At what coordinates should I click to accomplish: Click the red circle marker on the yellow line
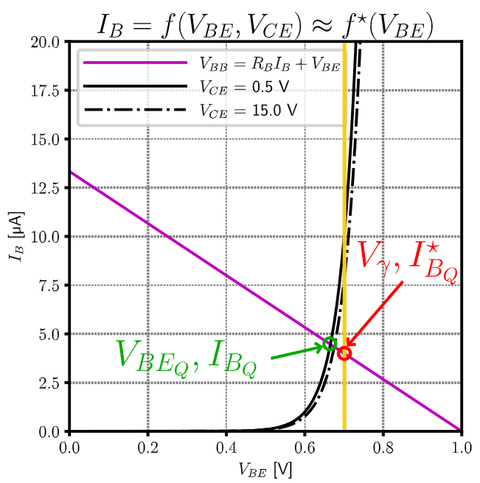(x=344, y=353)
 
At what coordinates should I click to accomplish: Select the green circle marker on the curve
(x=330, y=344)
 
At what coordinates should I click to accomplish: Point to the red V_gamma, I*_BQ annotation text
(x=408, y=262)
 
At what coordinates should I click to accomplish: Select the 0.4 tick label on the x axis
(x=226, y=446)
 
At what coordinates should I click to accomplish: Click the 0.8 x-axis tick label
(x=383, y=446)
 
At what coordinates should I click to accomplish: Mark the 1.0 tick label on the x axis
(x=461, y=446)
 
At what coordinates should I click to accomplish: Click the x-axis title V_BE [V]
(x=265, y=468)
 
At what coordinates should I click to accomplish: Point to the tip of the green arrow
(x=325, y=345)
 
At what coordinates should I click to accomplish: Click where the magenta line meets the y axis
(x=70, y=172)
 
